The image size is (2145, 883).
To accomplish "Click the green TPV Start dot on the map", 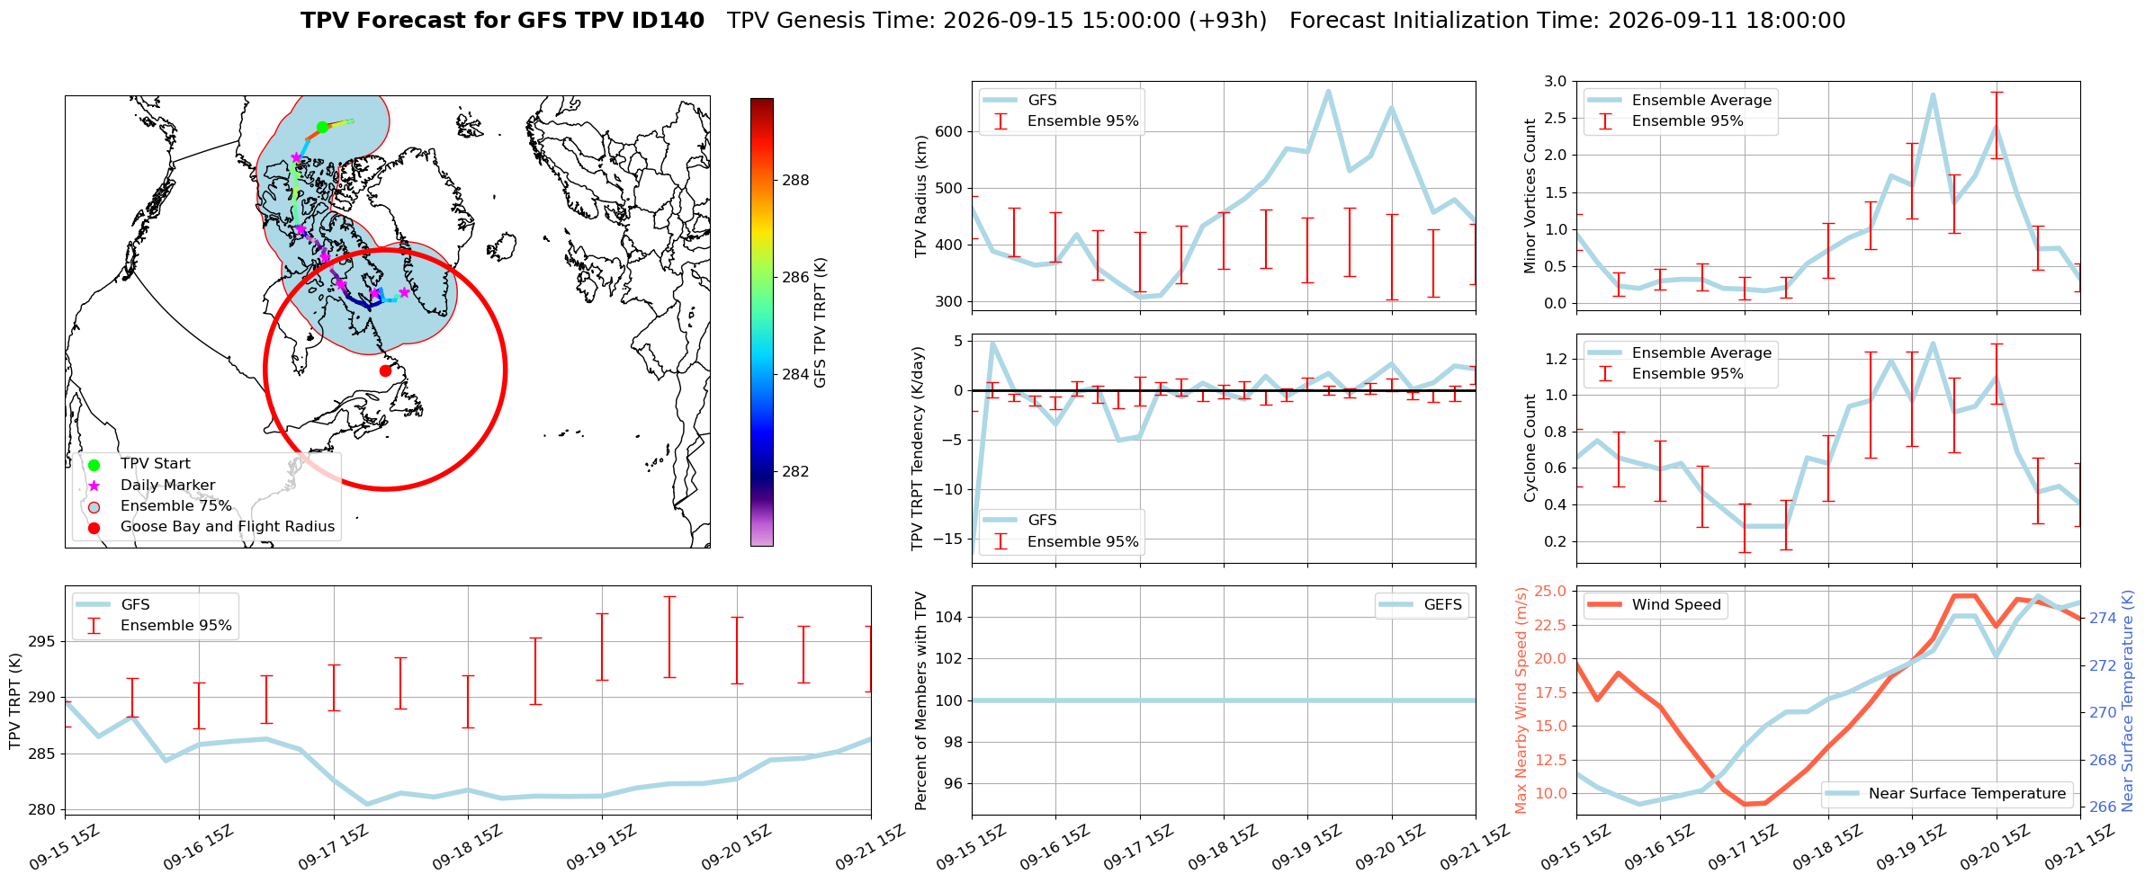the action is click(x=322, y=127).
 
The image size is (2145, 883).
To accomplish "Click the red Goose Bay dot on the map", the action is click(x=385, y=370).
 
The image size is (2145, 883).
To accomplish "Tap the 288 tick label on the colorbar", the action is click(x=795, y=180).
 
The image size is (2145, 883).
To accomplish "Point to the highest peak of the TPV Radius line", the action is click(x=1328, y=91).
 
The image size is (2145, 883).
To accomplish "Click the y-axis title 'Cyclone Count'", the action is click(x=1530, y=448).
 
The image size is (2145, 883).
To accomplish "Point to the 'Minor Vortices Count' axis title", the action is click(x=1530, y=195).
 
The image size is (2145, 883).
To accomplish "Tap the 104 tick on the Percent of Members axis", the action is click(x=951, y=617).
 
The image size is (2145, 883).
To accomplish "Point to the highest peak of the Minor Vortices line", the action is click(x=1933, y=94).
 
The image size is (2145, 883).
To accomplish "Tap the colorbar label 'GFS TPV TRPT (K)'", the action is click(x=820, y=323).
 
